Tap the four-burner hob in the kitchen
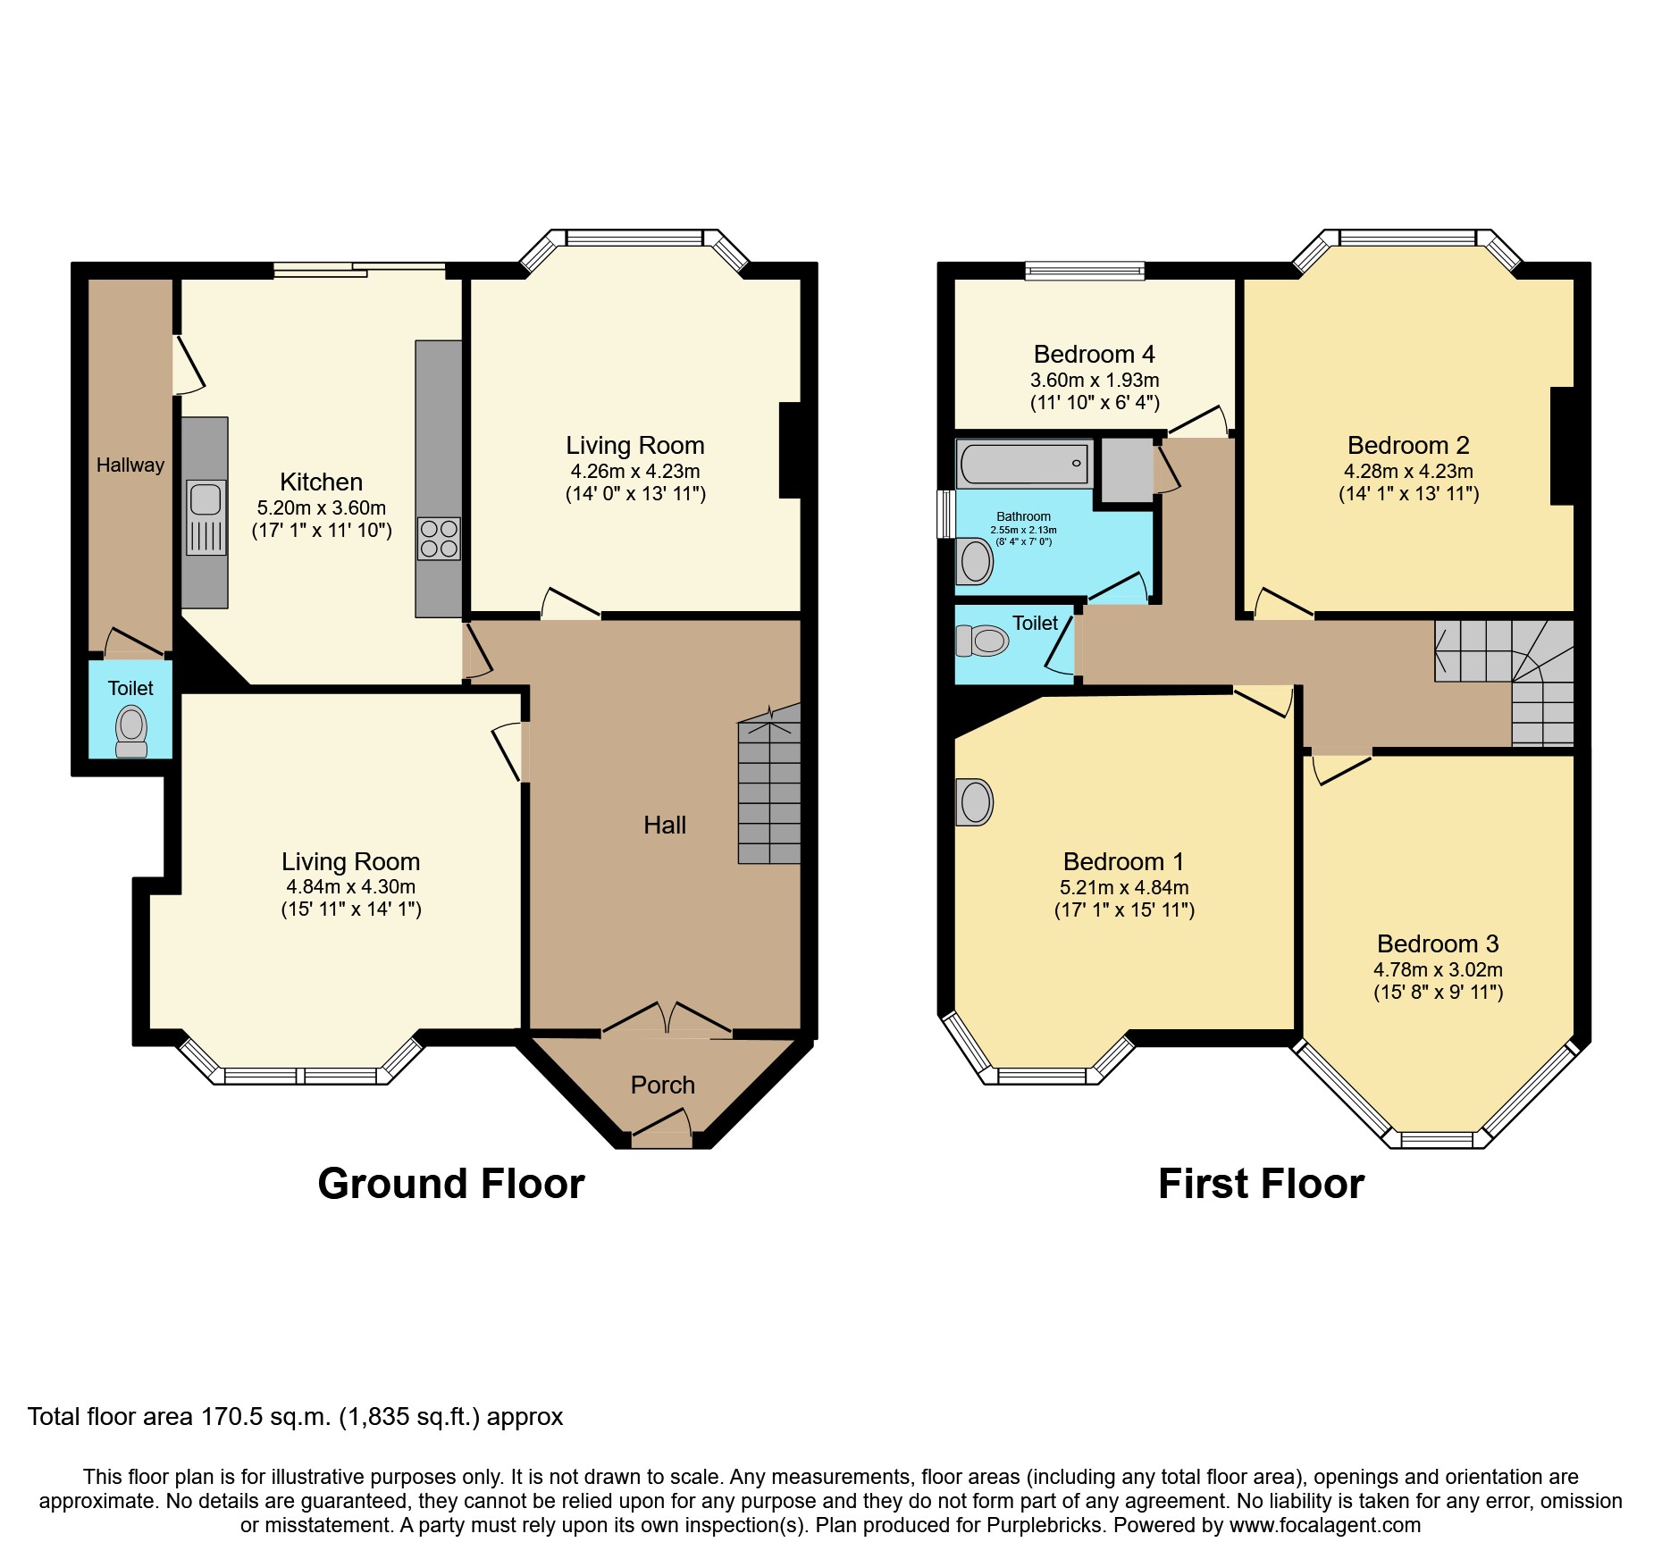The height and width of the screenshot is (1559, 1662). pos(439,539)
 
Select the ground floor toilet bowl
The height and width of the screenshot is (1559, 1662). pos(131,728)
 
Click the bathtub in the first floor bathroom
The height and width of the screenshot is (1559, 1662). pos(1024,464)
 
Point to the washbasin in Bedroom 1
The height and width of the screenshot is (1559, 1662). pos(975,801)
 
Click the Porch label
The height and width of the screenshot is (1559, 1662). pos(662,1085)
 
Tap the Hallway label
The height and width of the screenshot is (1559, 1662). pos(130,465)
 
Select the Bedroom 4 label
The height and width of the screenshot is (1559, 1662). pos(1094,355)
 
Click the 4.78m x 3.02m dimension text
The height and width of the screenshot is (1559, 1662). pos(1438,969)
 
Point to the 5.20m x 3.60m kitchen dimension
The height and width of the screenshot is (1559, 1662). pos(321,507)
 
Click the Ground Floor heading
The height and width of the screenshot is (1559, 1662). pos(450,1184)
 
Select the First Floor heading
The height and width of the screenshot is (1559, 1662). pos(1261,1184)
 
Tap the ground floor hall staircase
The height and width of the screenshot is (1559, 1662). pos(768,786)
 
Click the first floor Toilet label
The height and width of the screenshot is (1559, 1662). pos(1035,623)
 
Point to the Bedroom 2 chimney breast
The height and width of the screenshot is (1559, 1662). pos(1561,446)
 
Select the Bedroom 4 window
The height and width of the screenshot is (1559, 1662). pos(1085,270)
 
